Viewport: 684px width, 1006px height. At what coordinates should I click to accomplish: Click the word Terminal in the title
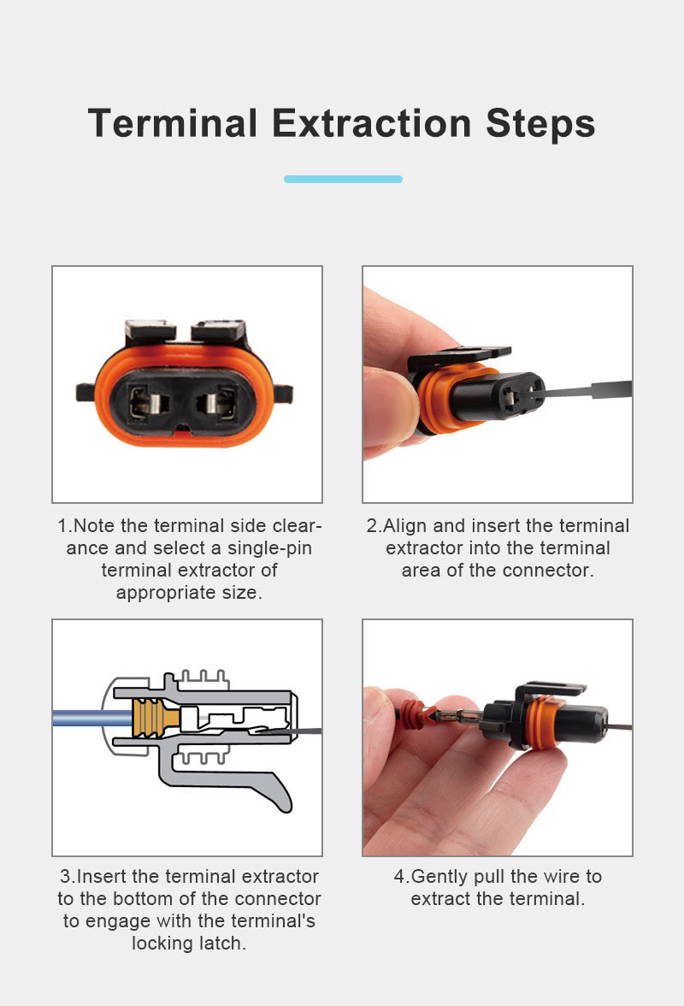click(x=173, y=123)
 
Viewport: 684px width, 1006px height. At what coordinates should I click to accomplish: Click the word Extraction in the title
click(x=372, y=123)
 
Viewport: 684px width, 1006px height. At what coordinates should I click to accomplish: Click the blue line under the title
click(x=343, y=179)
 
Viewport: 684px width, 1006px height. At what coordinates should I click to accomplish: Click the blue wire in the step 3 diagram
click(x=92, y=717)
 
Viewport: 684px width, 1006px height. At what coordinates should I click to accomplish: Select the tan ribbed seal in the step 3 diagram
click(x=152, y=717)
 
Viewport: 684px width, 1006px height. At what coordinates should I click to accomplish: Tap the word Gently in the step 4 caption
click(x=439, y=877)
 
